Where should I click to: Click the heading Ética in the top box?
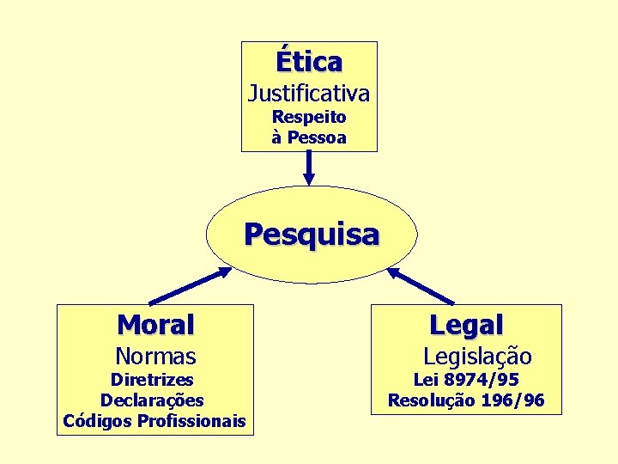[x=309, y=62]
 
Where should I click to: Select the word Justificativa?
[x=309, y=92]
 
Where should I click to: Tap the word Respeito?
[x=309, y=117]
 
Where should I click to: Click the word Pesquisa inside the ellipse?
[x=311, y=234]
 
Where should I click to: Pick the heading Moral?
[x=155, y=325]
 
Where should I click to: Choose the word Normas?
[x=155, y=356]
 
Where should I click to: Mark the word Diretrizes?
[x=153, y=379]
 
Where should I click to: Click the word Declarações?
[x=152, y=400]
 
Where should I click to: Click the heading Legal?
[x=466, y=325]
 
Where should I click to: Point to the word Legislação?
[x=477, y=356]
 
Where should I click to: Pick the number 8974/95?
[x=482, y=379]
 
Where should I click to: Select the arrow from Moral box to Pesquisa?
[x=191, y=285]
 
